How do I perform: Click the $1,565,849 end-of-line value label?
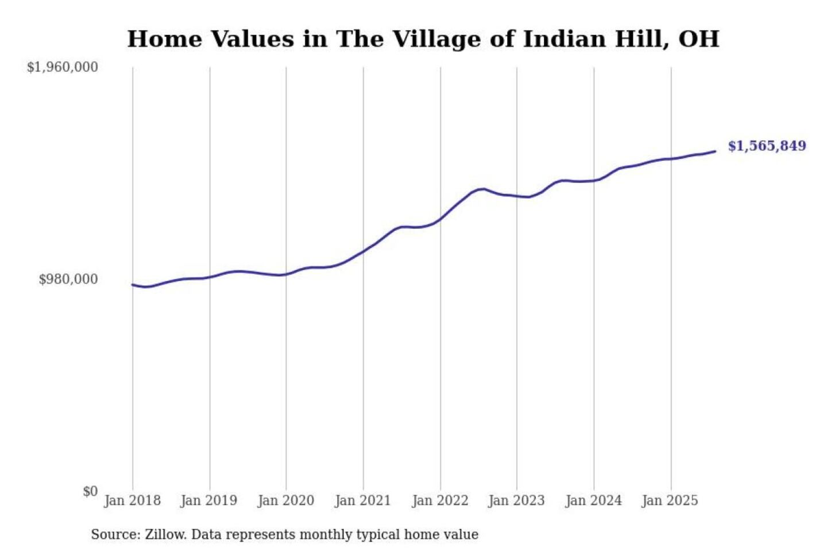coord(767,146)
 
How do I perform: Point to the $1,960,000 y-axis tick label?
coord(63,67)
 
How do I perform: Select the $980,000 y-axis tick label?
coord(68,279)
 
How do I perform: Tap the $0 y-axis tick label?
coord(90,491)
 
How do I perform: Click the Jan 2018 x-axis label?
coord(132,500)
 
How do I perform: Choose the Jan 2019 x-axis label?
coord(208,500)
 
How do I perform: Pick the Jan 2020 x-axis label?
coord(285,500)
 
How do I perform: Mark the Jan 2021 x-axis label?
coord(362,500)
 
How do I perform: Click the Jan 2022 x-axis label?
coord(440,500)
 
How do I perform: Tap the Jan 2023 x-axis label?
coord(516,500)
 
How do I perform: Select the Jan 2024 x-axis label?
coord(593,500)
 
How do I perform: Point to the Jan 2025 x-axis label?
coord(670,500)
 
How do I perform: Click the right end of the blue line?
coord(715,152)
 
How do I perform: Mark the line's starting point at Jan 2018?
coord(133,285)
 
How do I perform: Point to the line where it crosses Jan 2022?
coord(440,219)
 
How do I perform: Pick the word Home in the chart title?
coord(164,39)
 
